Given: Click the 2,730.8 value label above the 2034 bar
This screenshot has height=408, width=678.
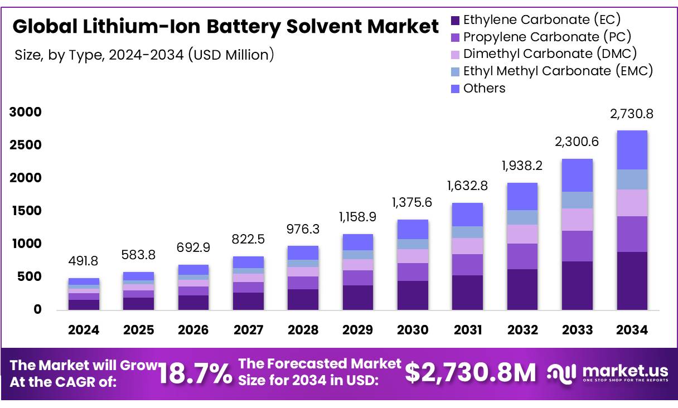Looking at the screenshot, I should [632, 114].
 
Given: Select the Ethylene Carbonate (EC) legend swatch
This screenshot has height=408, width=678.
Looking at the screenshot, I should [455, 21].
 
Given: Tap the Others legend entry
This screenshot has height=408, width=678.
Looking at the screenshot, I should [484, 88].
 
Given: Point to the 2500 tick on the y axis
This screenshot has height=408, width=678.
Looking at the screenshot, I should [26, 145].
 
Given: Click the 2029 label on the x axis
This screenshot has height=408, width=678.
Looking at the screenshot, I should [358, 330].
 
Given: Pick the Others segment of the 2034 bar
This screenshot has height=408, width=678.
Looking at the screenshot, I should [632, 150].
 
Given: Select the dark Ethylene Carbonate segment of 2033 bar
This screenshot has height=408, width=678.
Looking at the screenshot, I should [577, 285].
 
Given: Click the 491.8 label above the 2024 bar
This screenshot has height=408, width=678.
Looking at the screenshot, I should [84, 261].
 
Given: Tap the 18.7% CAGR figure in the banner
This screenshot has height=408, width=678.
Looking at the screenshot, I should [195, 373].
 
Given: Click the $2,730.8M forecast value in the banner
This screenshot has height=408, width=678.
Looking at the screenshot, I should [469, 373].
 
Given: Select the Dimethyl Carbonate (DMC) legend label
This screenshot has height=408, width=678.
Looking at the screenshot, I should [550, 54].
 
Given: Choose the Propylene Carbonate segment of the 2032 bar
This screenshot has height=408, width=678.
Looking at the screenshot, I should [522, 256].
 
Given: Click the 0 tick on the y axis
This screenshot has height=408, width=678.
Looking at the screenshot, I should [37, 309].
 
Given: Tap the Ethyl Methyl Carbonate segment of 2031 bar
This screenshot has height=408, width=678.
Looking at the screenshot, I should [467, 232].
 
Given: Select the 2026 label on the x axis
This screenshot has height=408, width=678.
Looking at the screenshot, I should [193, 330].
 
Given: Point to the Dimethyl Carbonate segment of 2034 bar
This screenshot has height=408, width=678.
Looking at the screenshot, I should [632, 203].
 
